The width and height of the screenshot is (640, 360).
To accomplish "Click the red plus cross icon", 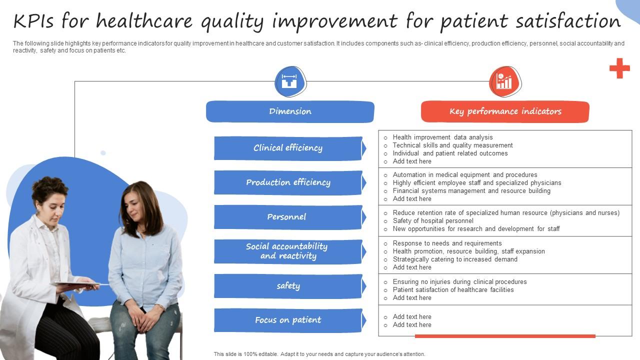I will pos(619,68).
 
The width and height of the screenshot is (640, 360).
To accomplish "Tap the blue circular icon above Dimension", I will pos(290,81).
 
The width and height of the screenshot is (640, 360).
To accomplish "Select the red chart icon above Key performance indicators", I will pos(504,81).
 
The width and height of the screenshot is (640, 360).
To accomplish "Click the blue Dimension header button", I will pos(290,111).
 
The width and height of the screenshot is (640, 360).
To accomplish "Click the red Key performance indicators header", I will pos(505,111).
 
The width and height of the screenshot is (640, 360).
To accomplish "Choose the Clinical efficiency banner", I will pos(288,148).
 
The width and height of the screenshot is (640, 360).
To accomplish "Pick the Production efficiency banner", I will pos(288,182).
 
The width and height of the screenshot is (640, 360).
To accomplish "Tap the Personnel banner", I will pos(288,217).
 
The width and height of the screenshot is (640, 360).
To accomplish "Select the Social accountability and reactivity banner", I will pos(288,251).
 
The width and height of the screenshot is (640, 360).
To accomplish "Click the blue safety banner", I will pos(288,286).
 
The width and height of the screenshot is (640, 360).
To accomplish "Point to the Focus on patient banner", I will pos(288,320).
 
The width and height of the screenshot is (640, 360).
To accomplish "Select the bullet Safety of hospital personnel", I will pos(433,221).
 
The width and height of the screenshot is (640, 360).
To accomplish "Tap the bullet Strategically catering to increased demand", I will pos(455,259).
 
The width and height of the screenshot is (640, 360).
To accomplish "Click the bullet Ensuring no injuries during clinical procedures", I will pos(459,282).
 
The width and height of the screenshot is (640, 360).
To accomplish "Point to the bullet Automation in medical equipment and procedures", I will pos(465,175).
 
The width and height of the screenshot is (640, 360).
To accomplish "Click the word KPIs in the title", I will pos(34,21).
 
